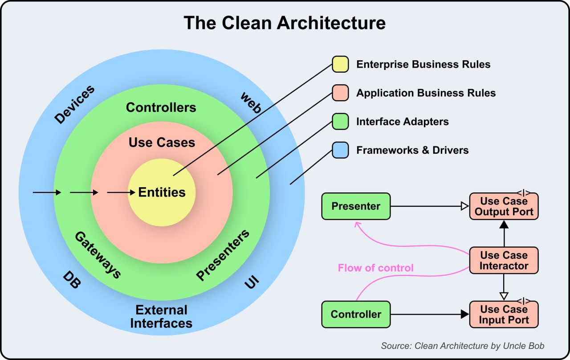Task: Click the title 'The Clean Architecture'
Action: (285, 23)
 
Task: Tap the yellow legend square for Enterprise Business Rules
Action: (340, 64)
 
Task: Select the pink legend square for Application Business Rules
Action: (340, 93)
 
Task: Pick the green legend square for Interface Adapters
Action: (340, 121)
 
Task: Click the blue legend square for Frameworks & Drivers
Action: (340, 150)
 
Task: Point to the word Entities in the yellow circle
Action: (162, 192)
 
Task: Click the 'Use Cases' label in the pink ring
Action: (162, 143)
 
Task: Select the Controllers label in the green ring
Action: (161, 107)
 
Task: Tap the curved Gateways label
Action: (98, 254)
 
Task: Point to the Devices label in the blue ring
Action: (74, 104)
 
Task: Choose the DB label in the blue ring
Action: (71, 279)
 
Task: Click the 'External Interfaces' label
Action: (161, 316)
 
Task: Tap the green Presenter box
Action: (356, 206)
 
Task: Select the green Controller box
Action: (356, 314)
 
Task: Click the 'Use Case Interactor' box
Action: (504, 261)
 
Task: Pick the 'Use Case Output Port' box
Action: (504, 206)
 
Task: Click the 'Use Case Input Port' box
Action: (504, 315)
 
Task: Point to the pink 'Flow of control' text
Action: (375, 268)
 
